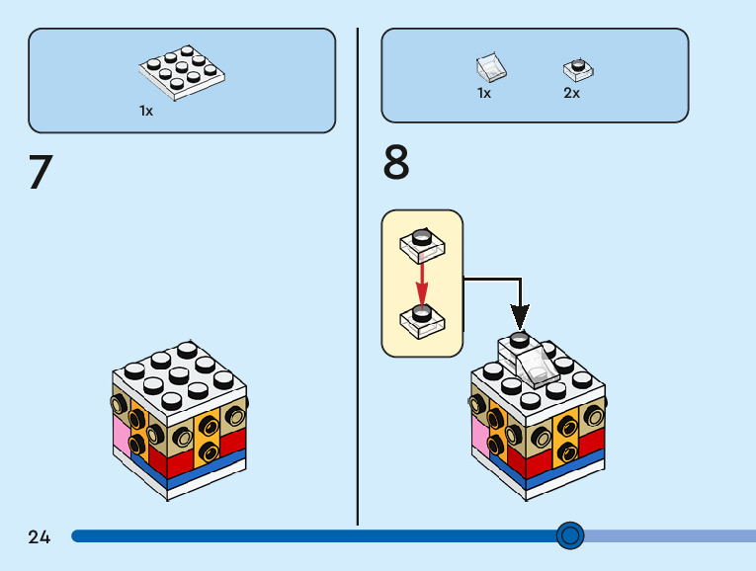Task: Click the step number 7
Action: [x=41, y=172]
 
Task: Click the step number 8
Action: [x=396, y=162]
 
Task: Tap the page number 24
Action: [x=40, y=536]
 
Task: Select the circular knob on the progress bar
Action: [x=570, y=535]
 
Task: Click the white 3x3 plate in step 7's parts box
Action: [x=182, y=73]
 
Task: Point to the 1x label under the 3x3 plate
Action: [x=146, y=111]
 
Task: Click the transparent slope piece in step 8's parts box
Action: [x=491, y=67]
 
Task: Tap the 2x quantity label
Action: [x=571, y=93]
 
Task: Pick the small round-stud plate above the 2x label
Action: [x=578, y=70]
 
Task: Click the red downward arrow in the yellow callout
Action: [x=422, y=285]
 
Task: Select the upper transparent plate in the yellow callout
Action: [x=422, y=246]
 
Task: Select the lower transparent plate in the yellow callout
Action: [x=422, y=321]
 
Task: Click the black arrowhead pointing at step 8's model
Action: [x=520, y=317]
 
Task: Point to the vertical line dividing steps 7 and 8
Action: [x=358, y=277]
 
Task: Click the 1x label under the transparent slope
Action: [x=484, y=93]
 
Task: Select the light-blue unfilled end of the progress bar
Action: [x=670, y=535]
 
